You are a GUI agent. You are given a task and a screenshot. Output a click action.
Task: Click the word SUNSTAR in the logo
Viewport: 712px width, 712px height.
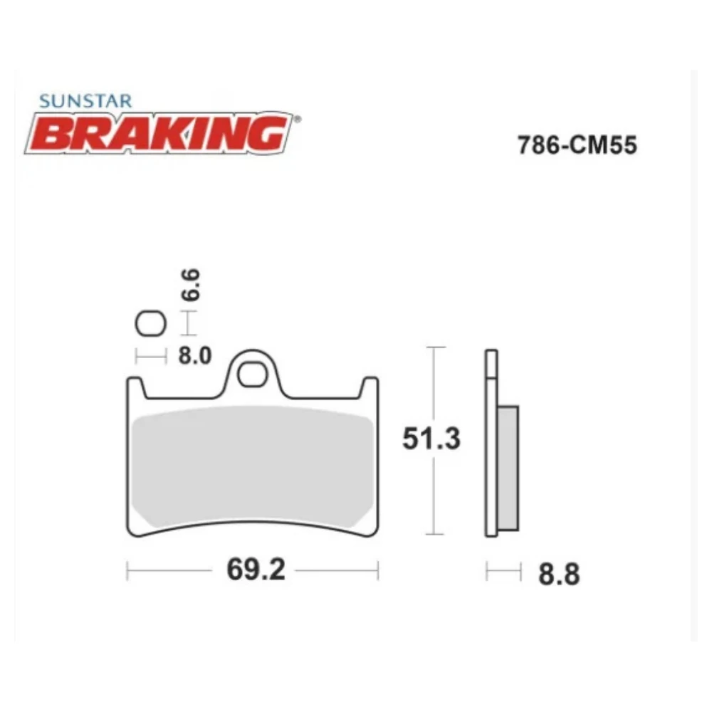[x=85, y=102]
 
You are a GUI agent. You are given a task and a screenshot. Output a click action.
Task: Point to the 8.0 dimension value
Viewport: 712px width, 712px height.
[x=194, y=355]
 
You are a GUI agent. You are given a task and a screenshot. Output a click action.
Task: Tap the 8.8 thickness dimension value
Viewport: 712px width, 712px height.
[x=558, y=574]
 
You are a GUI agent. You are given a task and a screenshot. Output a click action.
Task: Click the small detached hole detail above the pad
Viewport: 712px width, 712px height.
[x=150, y=325]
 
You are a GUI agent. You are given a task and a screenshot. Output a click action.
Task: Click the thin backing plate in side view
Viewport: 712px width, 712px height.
[x=491, y=456]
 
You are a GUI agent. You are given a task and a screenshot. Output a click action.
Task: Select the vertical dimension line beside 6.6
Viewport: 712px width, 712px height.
[x=187, y=324]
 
